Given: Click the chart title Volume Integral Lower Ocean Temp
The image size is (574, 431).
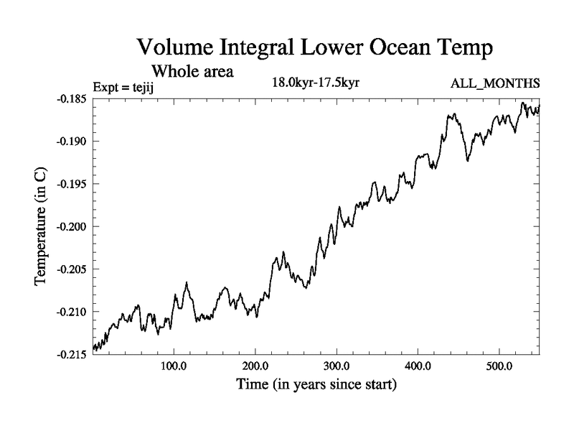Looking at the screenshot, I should click(x=315, y=49).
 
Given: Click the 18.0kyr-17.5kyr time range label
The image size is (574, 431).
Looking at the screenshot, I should click(x=315, y=83).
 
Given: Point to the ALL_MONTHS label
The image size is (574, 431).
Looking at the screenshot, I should click(x=495, y=84).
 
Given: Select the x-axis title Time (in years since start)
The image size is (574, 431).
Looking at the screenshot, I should click(x=316, y=385).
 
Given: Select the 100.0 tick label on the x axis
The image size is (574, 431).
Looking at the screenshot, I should click(x=174, y=366).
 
